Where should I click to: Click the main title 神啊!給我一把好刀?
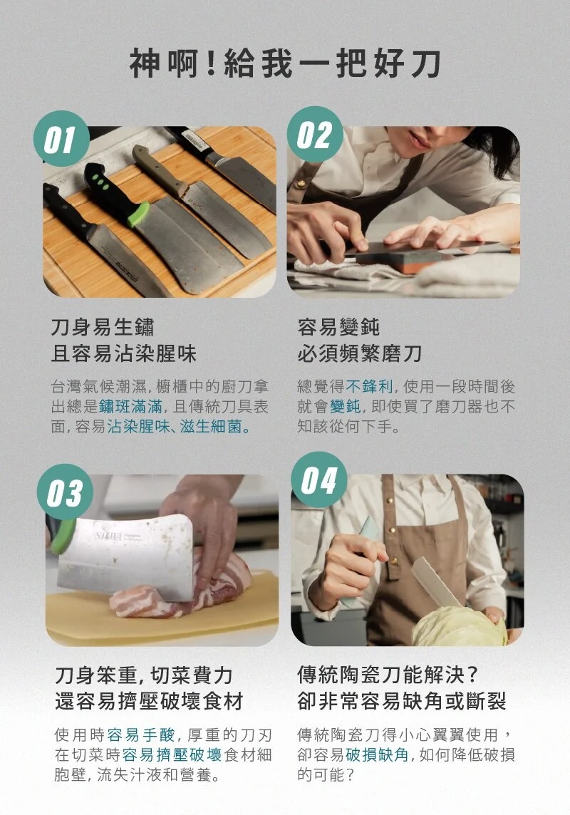285,64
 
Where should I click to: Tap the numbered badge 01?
61,139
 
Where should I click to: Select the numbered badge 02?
315,135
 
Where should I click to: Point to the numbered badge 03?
65,492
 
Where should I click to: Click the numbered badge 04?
319,479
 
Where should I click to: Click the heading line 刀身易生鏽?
103,328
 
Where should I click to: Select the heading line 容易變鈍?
338,327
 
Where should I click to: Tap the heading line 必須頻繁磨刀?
360,353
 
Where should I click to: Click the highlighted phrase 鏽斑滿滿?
130,407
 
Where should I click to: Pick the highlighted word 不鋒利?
369,386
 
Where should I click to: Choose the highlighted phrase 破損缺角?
377,754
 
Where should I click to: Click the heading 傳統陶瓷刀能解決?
388,675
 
